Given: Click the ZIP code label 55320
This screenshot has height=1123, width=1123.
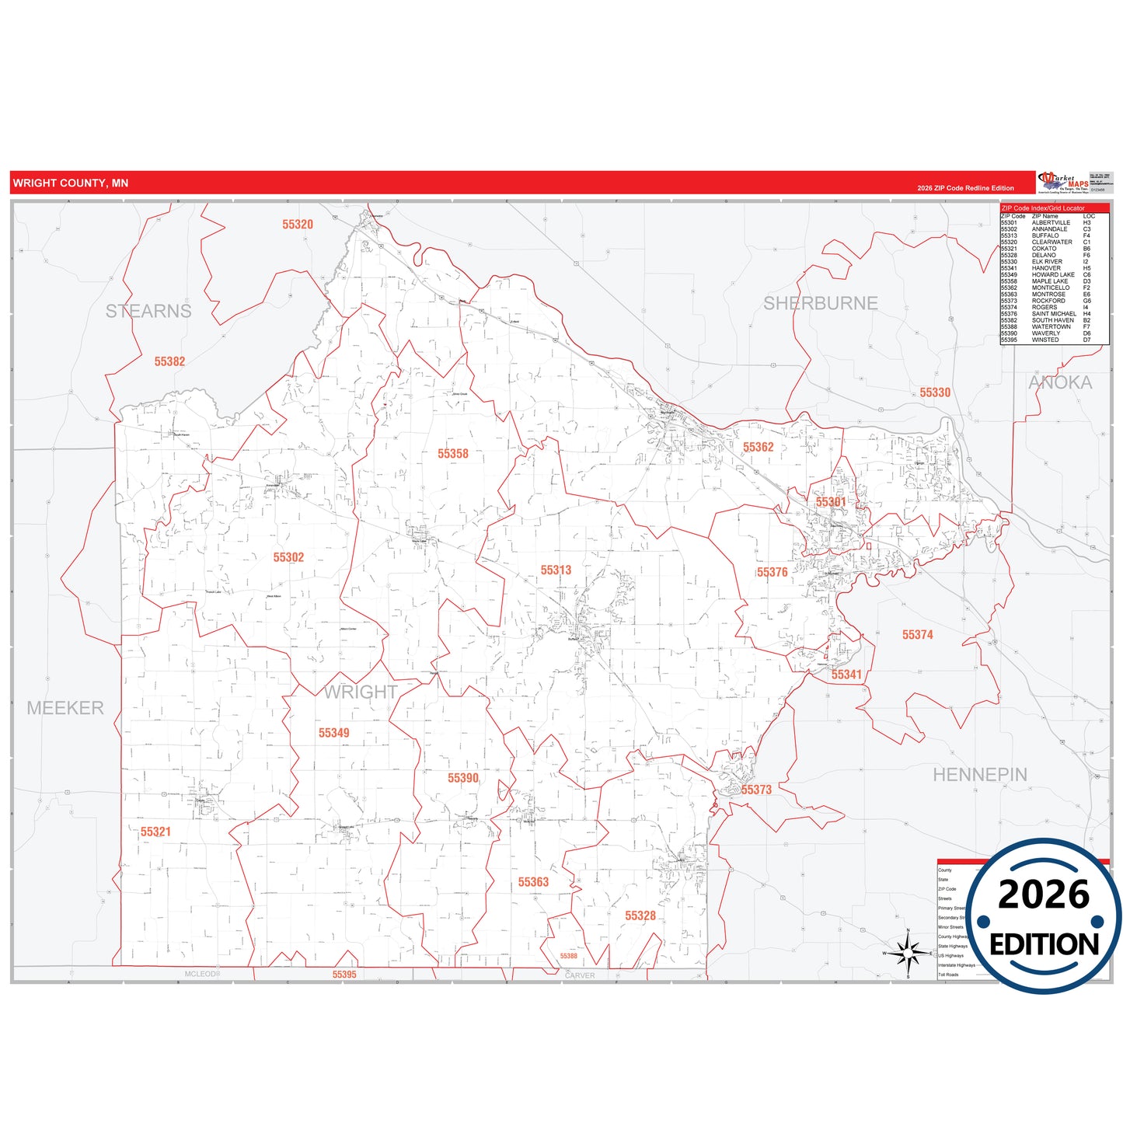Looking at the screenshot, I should (x=298, y=225).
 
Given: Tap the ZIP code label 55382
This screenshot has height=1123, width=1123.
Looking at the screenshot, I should (x=169, y=361).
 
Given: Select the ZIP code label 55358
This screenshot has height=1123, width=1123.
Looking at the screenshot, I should (x=453, y=454).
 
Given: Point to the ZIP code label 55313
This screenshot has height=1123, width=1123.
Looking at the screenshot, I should (x=556, y=570).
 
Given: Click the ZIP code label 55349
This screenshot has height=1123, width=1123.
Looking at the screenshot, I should (x=333, y=733).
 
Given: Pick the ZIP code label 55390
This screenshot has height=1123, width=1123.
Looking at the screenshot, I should (x=463, y=778).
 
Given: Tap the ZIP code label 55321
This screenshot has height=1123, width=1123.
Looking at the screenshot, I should (x=155, y=832).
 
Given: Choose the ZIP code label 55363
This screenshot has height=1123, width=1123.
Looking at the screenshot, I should (x=533, y=882).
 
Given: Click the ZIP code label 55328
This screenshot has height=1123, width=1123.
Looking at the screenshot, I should (x=640, y=915).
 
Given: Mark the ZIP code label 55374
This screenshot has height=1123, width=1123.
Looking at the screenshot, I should (x=917, y=635).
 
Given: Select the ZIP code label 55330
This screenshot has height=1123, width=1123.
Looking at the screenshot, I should (x=935, y=392).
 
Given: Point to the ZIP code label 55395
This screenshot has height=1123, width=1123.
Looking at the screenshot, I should (x=344, y=975).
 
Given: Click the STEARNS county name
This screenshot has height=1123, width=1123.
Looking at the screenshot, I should (x=148, y=311).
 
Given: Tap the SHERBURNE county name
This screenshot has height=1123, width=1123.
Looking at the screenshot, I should (x=821, y=303).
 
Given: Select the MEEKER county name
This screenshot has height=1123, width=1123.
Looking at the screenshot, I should (x=65, y=708).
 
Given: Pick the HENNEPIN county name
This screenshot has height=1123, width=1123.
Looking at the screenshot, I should (x=980, y=775).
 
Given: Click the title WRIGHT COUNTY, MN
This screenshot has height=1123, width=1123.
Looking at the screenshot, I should (x=71, y=183).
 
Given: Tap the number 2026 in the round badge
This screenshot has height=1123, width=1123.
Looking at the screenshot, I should (x=1043, y=895).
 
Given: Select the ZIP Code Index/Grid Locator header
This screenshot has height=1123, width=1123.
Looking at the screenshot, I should (x=1043, y=208).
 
